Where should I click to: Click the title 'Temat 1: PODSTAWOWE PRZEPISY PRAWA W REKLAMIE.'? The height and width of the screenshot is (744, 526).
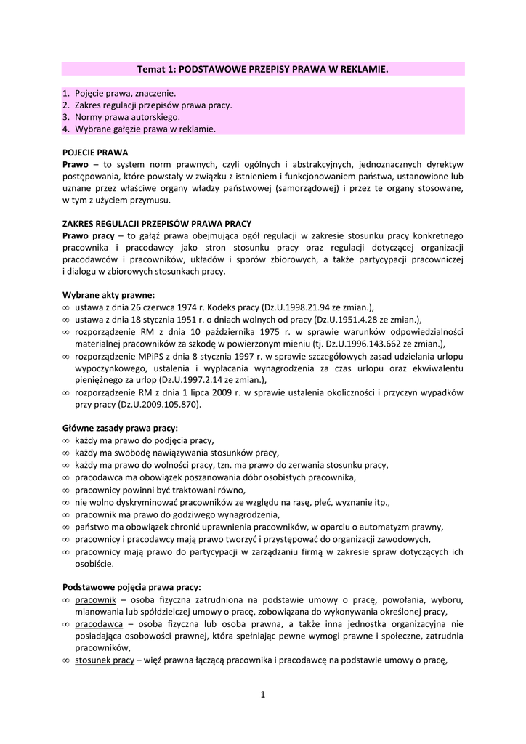263,68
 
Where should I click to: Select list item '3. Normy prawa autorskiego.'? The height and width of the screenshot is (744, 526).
121,116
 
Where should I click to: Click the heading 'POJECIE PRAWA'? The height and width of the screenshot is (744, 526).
95,153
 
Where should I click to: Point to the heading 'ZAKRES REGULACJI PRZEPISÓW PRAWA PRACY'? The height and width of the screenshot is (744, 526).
157,224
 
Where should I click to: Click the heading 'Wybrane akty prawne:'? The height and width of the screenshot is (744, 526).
108,295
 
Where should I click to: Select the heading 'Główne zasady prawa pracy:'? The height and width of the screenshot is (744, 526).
120,428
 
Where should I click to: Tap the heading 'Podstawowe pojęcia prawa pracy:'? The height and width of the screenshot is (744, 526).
131,586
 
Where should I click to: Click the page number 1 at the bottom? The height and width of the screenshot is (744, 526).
263,695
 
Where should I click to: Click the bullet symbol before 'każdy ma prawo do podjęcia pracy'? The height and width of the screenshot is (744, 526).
66,440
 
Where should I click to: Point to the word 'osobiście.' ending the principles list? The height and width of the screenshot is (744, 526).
94,563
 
